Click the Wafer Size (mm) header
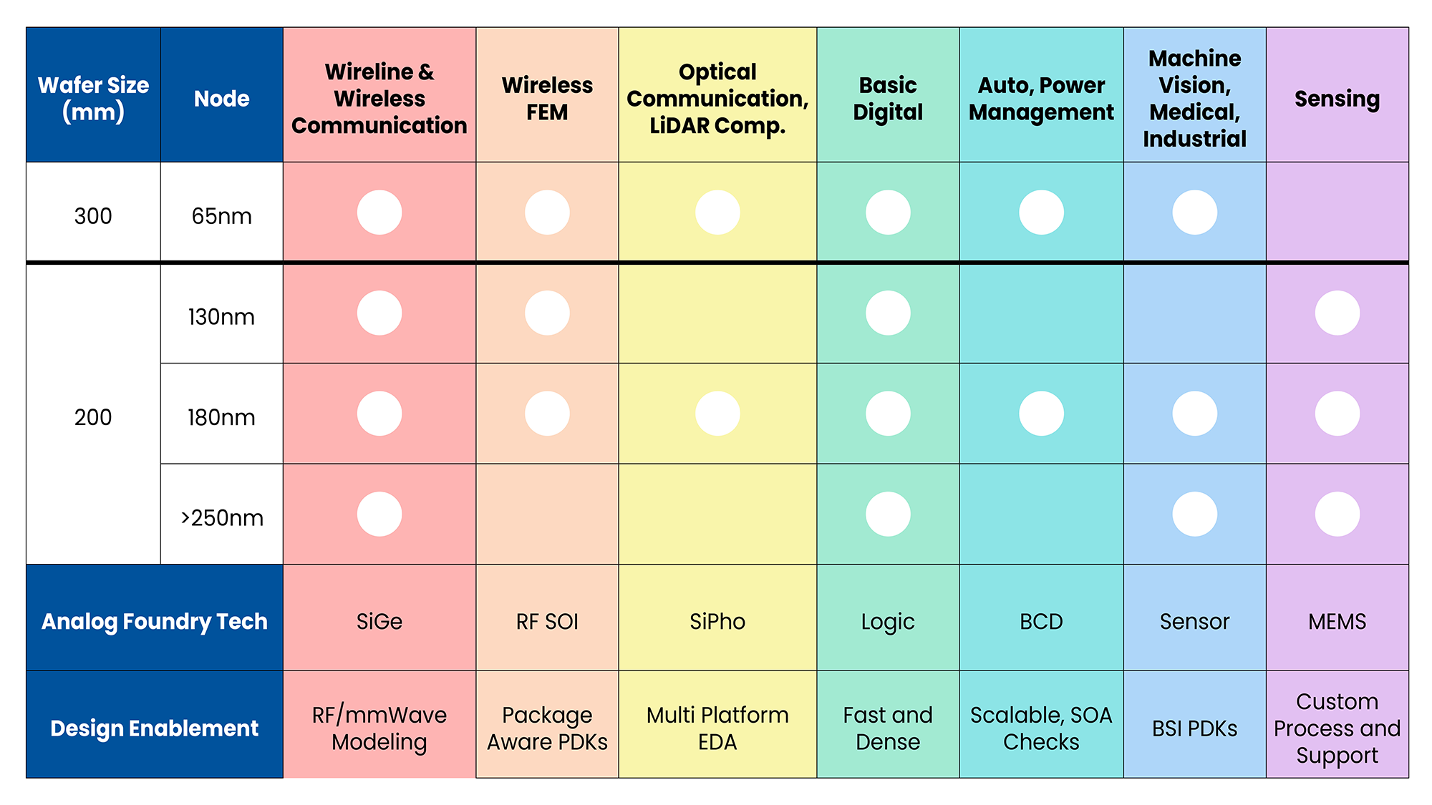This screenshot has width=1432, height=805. [x=93, y=98]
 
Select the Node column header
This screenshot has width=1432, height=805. [x=222, y=98]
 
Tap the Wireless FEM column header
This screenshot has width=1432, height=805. [x=547, y=98]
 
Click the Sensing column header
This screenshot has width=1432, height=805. [x=1337, y=99]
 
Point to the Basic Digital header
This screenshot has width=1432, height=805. [x=888, y=98]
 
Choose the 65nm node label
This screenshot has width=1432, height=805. [x=222, y=215]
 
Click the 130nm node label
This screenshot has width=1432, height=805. [x=222, y=316]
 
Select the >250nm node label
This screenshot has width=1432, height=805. [x=222, y=517]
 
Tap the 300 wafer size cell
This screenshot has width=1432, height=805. [x=93, y=215]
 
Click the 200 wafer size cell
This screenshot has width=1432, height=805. [x=93, y=416]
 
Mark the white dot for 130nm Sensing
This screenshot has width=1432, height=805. [x=1337, y=313]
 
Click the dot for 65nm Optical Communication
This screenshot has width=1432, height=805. [x=717, y=213]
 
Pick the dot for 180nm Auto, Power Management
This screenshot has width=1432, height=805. [x=1041, y=414]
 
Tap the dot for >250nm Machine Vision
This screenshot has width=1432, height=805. [x=1194, y=514]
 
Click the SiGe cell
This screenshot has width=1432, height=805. [x=379, y=621]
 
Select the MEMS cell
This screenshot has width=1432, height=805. [x=1337, y=621]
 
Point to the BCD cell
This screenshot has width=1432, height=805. [x=1041, y=621]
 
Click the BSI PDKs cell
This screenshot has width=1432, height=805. [x=1194, y=728]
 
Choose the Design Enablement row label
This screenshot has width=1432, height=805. [x=154, y=728]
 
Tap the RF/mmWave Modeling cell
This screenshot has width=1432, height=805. [x=379, y=728]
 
